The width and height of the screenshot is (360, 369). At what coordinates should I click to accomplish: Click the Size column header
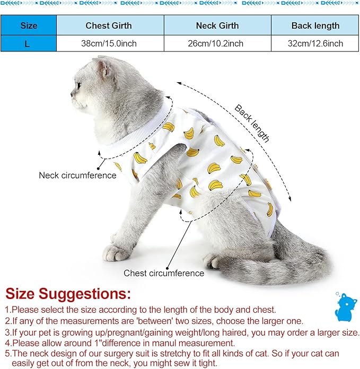[x=28, y=25]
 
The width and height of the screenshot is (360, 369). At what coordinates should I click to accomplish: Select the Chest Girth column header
[x=109, y=25]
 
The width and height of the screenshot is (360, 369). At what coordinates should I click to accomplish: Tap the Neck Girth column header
[x=217, y=25]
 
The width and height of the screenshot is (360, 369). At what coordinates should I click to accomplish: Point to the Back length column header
[x=315, y=25]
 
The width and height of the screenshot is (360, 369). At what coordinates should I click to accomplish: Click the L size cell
[x=28, y=43]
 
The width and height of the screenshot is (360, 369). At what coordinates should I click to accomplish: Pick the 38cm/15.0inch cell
[x=109, y=43]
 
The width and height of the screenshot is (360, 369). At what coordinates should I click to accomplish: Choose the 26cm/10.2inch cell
[x=217, y=43]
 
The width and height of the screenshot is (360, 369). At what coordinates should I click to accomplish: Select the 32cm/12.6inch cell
[x=315, y=43]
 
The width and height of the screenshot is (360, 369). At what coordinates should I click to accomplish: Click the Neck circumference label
[x=77, y=175]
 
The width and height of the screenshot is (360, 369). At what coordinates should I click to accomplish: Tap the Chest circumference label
[x=164, y=274]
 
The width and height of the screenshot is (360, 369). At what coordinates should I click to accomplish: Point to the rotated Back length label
[x=252, y=124]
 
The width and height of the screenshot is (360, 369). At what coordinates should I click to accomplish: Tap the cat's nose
[x=73, y=98]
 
